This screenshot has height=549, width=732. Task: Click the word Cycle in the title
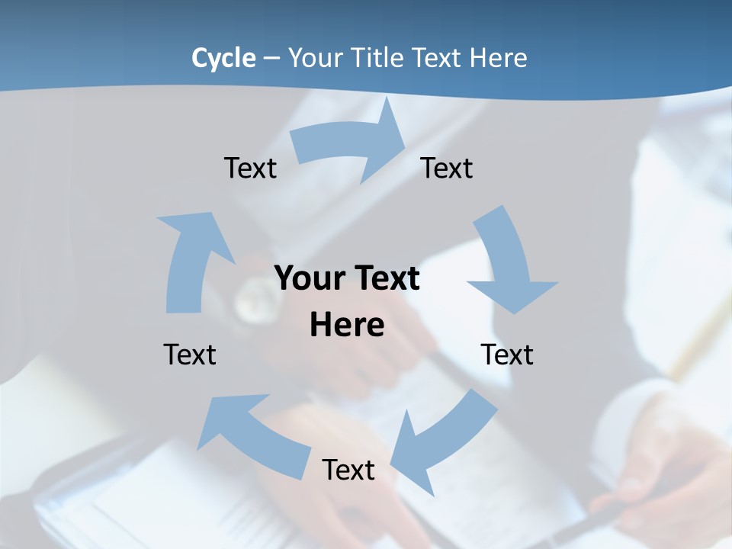(223, 58)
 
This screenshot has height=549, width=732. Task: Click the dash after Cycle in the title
(271, 58)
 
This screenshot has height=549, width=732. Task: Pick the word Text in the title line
(439, 58)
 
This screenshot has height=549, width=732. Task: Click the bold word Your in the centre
(309, 278)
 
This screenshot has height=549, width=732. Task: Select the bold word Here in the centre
(347, 325)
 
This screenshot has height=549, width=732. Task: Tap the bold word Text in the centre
(385, 278)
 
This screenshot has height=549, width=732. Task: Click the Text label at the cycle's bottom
(348, 470)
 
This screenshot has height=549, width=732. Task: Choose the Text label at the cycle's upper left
(250, 168)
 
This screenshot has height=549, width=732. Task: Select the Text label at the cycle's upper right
(447, 168)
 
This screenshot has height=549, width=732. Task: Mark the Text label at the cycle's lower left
(190, 355)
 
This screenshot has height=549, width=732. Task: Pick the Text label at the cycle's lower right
(507, 355)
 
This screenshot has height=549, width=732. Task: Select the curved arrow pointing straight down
(507, 263)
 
